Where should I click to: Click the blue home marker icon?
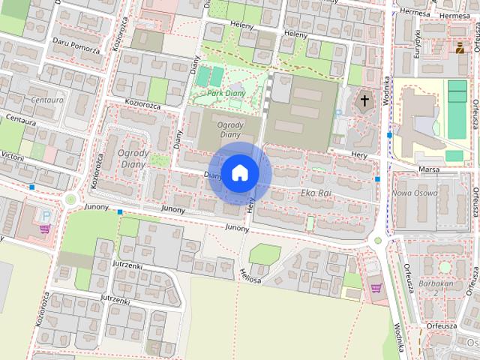pyautogui.click(x=239, y=172)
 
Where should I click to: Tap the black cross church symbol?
pyautogui.click(x=364, y=100)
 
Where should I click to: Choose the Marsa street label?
pyautogui.click(x=430, y=169)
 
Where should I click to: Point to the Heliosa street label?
pyautogui.click(x=250, y=276)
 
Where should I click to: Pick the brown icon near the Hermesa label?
pyautogui.click(x=460, y=49)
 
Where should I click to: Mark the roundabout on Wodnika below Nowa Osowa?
pyautogui.click(x=378, y=241)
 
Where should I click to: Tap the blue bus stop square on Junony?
pyautogui.click(x=120, y=212)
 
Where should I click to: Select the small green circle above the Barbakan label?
pyautogui.click(x=445, y=267)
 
